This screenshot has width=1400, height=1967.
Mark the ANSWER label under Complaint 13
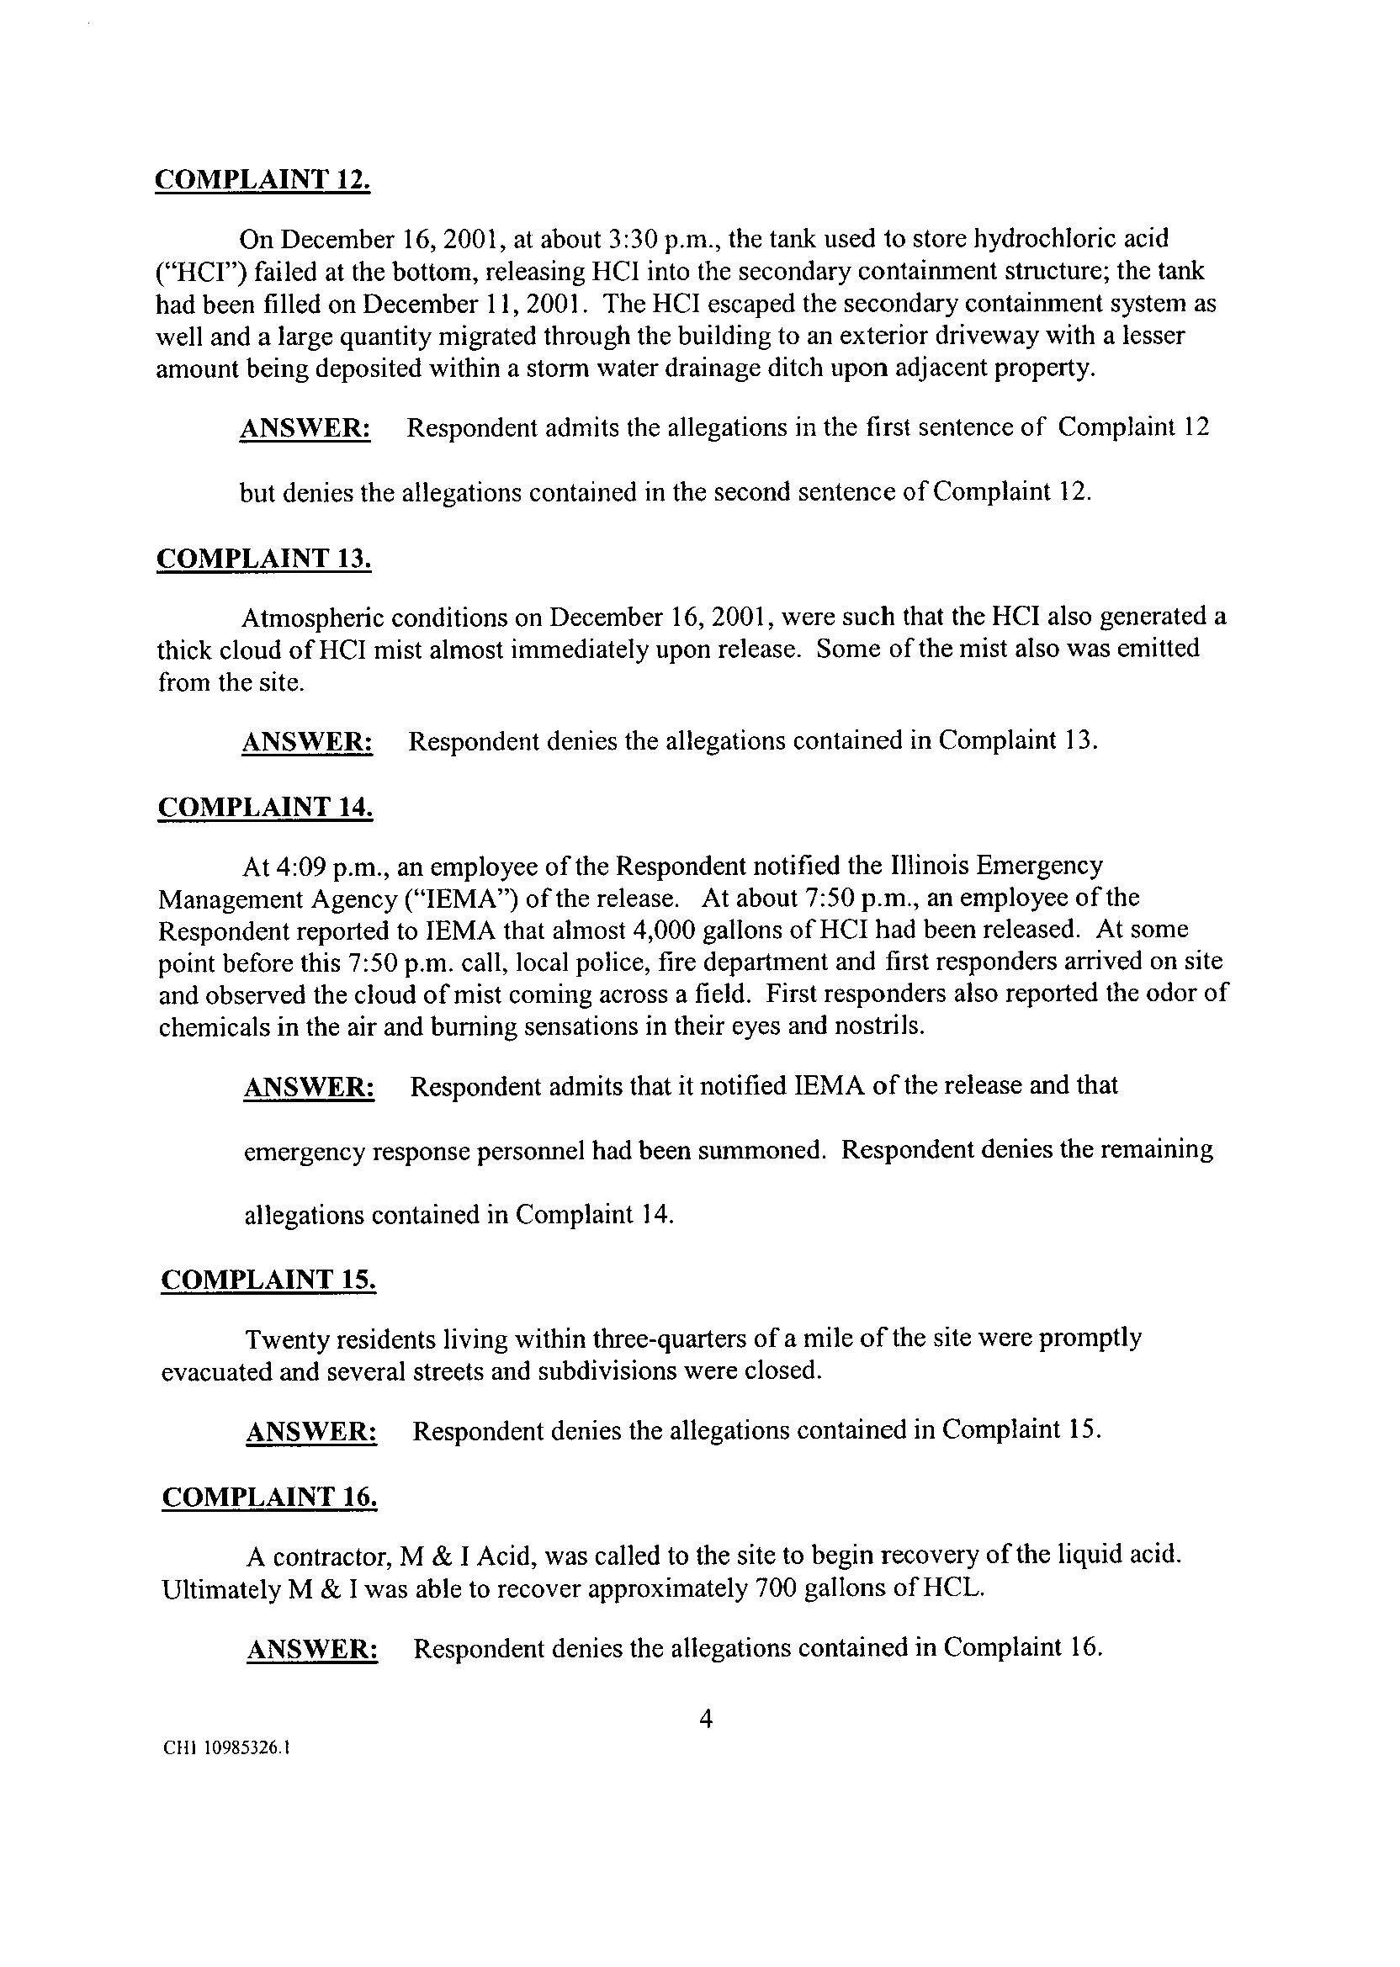(x=308, y=741)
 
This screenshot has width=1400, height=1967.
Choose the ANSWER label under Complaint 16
(x=312, y=1649)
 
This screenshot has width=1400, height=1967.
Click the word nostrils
(x=873, y=1027)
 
